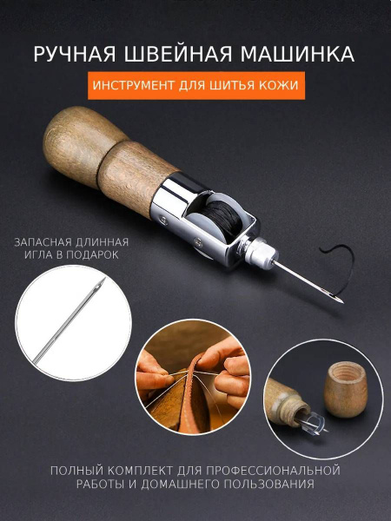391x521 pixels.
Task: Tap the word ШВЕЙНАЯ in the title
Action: (x=181, y=54)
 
